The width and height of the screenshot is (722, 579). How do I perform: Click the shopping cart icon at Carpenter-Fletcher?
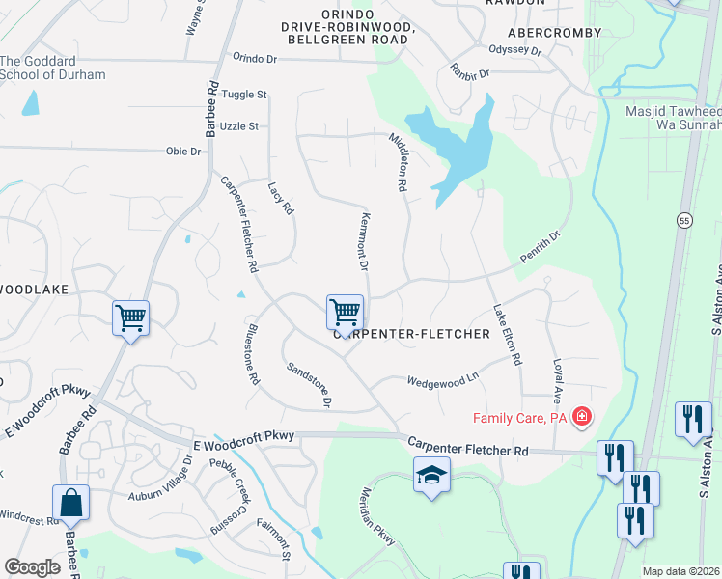click(345, 313)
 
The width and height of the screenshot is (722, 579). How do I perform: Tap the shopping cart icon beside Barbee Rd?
click(130, 317)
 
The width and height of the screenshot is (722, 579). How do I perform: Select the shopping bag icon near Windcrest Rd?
click(70, 503)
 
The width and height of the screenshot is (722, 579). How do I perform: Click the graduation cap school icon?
click(431, 475)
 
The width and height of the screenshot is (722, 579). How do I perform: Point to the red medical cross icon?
click(581, 417)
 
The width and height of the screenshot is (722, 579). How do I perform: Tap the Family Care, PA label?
click(519, 418)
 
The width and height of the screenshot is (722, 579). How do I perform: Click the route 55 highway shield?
click(683, 219)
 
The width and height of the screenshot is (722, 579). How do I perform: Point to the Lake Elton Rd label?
click(507, 335)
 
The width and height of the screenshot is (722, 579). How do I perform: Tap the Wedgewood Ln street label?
click(443, 379)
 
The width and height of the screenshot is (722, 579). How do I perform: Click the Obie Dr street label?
click(182, 152)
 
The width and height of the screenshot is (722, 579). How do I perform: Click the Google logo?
click(33, 567)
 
